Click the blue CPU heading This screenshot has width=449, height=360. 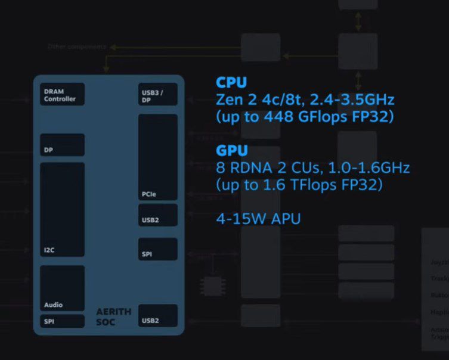[x=231, y=82]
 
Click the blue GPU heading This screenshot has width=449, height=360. [x=231, y=151]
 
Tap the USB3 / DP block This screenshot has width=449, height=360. [x=157, y=94]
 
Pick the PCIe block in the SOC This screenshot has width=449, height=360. [x=157, y=157]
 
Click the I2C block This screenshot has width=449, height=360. [x=63, y=209]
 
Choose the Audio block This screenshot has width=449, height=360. [x=63, y=288]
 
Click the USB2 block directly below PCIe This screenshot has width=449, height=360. [x=157, y=215]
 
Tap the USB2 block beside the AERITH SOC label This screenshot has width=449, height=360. [x=157, y=316]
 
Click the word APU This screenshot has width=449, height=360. [x=286, y=219]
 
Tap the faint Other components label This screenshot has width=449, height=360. [x=78, y=46]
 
